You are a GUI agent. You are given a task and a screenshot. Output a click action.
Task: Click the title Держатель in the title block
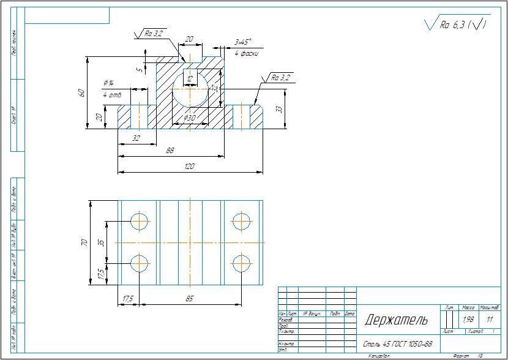coord(396,320)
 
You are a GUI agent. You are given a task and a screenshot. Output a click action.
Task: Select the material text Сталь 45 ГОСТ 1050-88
coord(398,343)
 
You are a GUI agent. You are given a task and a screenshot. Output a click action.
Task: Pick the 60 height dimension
coord(81,92)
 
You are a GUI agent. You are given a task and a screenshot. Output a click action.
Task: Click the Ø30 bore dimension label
coord(189,118)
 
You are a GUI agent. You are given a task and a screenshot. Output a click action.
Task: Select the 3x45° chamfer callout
coord(242,43)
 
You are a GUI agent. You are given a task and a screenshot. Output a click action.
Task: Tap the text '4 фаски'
coord(246,54)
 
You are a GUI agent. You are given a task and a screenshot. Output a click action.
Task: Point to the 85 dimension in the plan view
coord(189,299)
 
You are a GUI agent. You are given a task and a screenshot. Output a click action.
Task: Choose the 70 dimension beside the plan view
coord(85,242)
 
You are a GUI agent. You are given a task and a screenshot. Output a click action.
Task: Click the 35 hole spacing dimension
coord(102,242)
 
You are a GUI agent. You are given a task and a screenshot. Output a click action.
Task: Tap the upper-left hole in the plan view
coord(140,221)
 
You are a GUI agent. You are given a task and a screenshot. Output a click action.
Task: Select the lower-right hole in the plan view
coord(242,263)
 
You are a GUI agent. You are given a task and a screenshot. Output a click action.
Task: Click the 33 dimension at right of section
coord(279,109)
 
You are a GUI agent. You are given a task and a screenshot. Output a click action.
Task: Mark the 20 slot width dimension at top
coord(189,39)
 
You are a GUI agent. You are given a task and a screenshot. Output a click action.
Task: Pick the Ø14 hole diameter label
coord(110,83)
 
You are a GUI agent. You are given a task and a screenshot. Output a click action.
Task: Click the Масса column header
coord(468,307)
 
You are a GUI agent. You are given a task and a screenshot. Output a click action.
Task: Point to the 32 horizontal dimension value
coord(136,138)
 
